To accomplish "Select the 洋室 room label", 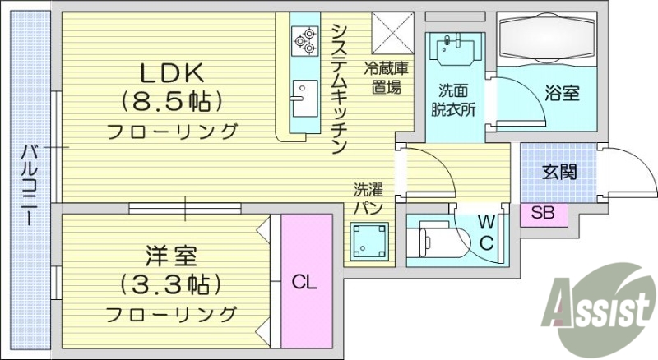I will (172, 256).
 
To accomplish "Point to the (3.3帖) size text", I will (172, 284).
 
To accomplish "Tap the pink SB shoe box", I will (543, 213).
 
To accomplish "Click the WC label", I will (486, 232).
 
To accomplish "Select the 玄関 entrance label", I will (558, 172).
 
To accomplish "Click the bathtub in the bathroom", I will (550, 40).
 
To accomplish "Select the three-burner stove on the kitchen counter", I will (304, 39).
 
